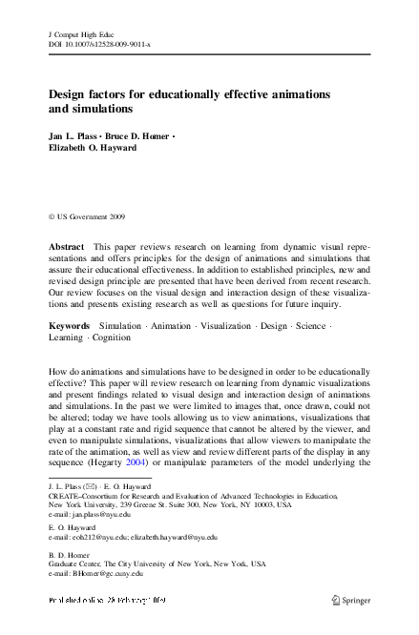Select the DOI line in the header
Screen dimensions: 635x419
tap(99, 44)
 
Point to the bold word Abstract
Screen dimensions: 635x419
tap(67, 246)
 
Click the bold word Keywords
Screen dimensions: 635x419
tap(70, 325)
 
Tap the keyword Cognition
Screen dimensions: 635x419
tap(112, 338)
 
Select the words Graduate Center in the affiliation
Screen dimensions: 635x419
tap(77, 565)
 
